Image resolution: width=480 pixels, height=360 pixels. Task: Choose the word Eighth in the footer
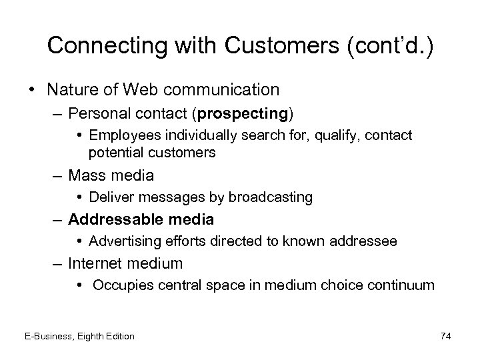tap(93, 336)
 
